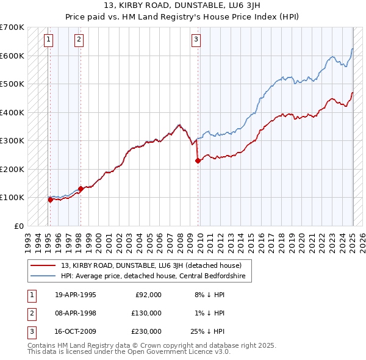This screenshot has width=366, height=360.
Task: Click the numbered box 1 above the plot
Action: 48,40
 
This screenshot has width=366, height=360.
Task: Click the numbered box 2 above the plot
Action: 79,40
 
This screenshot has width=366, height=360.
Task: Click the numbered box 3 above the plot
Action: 196,40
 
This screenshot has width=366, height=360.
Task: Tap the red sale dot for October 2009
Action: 198,161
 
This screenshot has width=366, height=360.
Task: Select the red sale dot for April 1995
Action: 51,200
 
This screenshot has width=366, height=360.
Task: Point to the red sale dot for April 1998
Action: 81,189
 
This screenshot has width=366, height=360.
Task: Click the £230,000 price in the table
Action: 146,333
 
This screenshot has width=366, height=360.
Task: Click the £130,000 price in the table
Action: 146,314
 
